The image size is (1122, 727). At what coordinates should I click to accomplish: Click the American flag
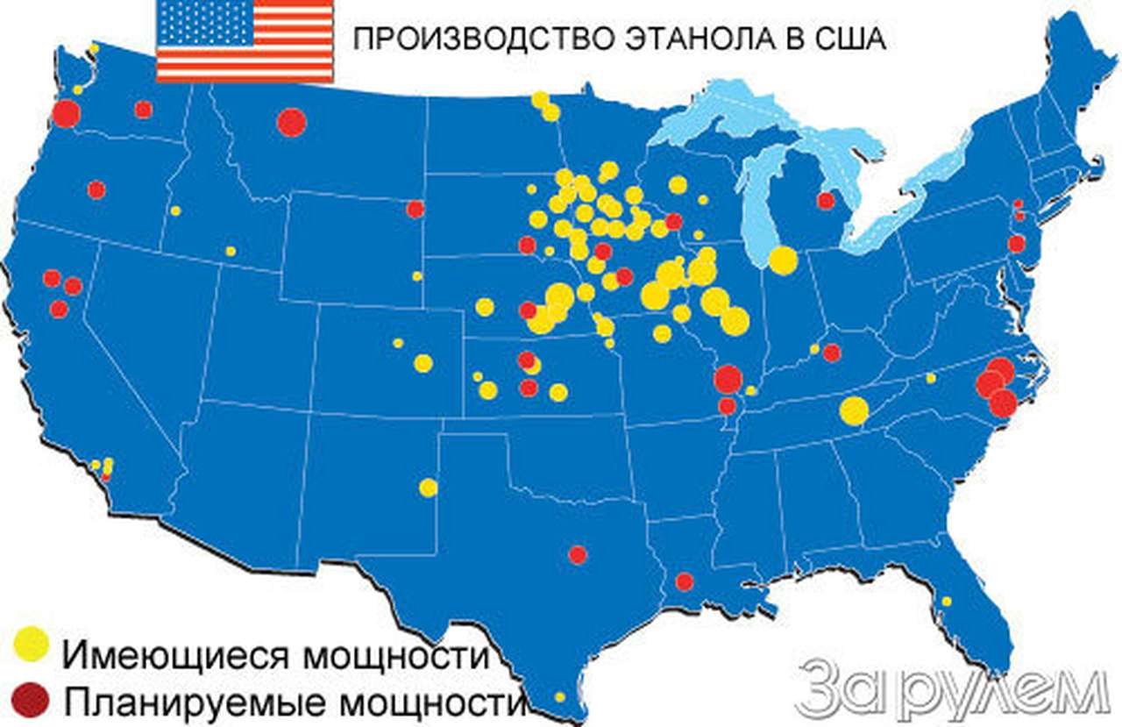coord(245,41)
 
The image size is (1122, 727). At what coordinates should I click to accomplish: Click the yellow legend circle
coord(32,645)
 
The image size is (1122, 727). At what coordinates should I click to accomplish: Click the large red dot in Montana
coord(291,122)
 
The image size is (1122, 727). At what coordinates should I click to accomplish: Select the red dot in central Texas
coord(577,554)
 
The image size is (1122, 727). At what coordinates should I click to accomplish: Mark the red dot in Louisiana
coord(685,581)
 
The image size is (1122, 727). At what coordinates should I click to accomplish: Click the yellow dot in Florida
coord(947,602)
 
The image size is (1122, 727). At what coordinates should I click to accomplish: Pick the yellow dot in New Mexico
coord(428,487)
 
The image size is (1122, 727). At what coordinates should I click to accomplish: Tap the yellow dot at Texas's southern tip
coord(559,697)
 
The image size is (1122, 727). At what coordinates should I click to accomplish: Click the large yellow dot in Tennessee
coord(854,410)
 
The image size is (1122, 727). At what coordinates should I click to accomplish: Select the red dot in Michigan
coord(826,201)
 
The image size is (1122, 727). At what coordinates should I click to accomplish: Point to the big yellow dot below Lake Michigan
coord(783,260)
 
